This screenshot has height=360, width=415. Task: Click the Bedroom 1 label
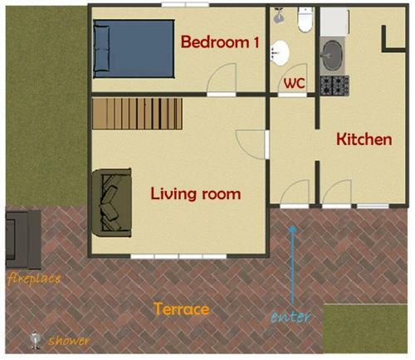click(220, 42)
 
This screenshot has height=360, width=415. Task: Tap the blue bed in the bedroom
click(134, 49)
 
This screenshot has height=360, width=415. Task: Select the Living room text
click(196, 193)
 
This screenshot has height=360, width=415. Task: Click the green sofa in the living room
click(111, 202)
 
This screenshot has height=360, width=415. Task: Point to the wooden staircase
click(137, 114)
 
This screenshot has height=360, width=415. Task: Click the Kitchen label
click(364, 139)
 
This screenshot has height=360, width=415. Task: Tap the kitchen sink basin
click(333, 56)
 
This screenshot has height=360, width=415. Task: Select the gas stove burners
click(334, 85)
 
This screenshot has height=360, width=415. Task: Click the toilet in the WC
click(305, 19)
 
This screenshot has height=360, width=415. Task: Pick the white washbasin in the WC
click(280, 53)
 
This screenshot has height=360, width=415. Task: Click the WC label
click(295, 83)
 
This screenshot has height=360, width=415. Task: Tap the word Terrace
click(181, 309)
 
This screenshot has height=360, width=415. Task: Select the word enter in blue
click(290, 317)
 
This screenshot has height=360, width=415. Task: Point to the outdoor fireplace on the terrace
click(23, 240)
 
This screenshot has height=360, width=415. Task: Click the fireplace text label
click(34, 279)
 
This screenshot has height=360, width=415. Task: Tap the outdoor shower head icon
click(35, 340)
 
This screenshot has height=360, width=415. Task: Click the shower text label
click(69, 341)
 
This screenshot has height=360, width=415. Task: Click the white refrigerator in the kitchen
click(334, 22)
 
